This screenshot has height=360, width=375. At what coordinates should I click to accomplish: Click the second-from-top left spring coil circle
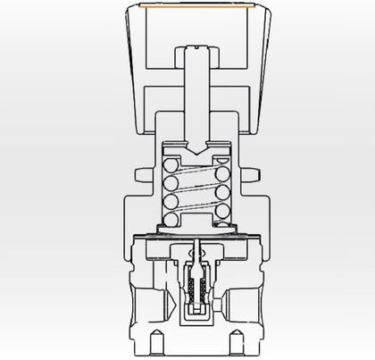(170, 182)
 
